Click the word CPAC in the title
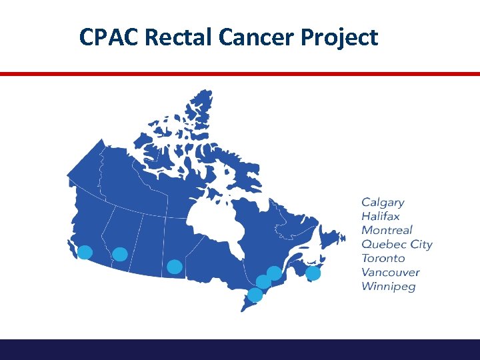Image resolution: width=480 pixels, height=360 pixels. click(109, 37)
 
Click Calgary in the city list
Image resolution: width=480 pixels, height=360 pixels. click(383, 202)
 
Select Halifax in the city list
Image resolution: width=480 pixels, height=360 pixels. click(381, 216)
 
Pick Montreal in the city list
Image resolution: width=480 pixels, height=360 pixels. click(387, 230)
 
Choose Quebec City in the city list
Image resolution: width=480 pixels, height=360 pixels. click(397, 245)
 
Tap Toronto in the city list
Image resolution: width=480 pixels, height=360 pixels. click(383, 258)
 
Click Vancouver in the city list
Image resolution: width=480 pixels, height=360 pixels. click(390, 272)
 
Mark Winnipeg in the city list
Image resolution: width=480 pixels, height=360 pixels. click(388, 287)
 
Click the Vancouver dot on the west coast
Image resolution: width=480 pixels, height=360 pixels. click(85, 252)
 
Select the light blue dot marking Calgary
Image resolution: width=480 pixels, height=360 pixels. click(120, 254)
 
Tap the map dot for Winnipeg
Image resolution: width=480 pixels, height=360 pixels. click(175, 267)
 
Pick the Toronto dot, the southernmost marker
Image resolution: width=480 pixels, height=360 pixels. click(255, 295)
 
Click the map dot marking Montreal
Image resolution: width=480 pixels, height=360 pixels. click(264, 282)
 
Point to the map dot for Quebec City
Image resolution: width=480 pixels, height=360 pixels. click(274, 273)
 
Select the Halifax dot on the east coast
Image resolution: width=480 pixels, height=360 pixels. click(313, 273)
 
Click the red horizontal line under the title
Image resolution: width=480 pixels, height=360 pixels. click(240, 74)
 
